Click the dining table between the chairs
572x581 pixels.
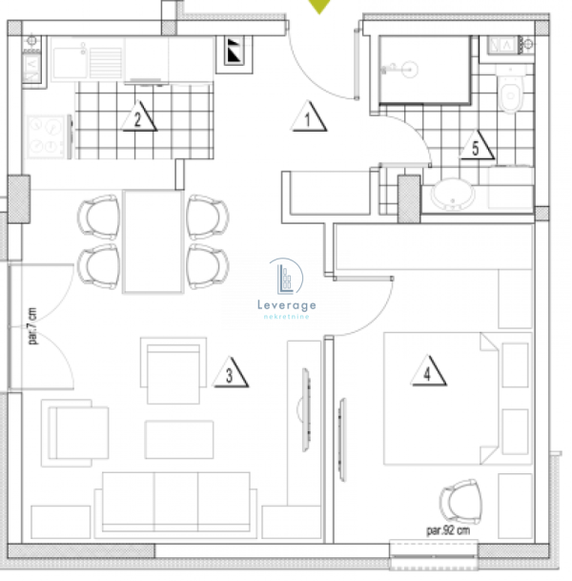pos(153,241)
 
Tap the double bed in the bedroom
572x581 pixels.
pos(439,399)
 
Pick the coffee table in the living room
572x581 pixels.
pos(178,439)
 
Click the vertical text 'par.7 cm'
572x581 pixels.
pos(31,326)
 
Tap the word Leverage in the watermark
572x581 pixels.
pos(287,304)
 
